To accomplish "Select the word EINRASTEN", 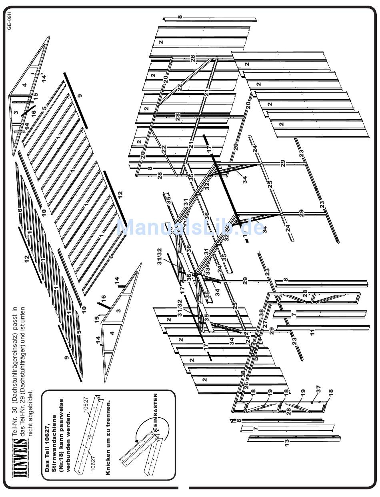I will (155, 412).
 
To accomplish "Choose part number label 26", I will (246, 386).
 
